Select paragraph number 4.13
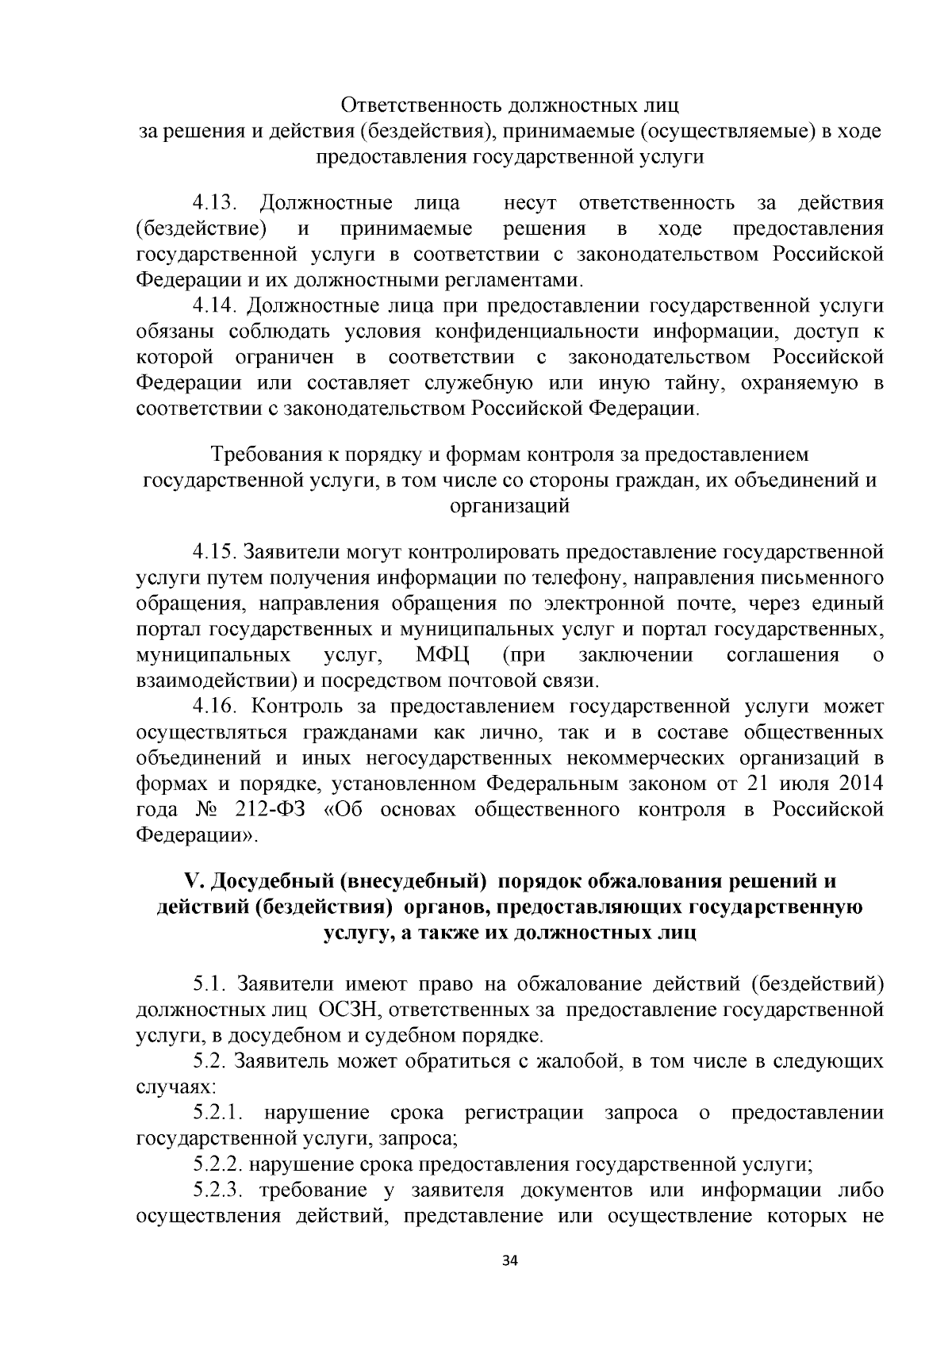[216, 203]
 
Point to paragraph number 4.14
[216, 305]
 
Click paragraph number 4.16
[216, 706]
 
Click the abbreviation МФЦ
[443, 655]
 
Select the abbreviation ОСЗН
[350, 1010]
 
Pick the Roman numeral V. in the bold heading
[193, 881]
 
